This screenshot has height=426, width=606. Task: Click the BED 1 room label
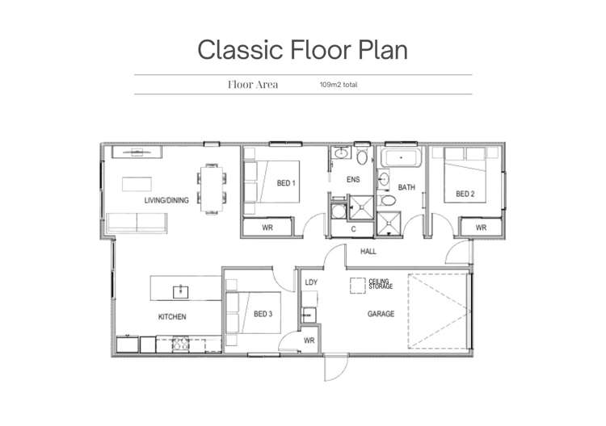(286, 183)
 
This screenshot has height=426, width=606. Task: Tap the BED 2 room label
(465, 194)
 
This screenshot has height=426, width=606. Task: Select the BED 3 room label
(263, 314)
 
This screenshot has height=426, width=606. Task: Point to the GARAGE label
(381, 314)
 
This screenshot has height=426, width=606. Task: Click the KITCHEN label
(172, 317)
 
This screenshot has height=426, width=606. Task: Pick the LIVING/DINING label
(166, 200)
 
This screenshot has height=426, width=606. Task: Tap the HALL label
(368, 252)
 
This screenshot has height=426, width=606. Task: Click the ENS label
(353, 180)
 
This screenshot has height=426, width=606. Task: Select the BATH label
(406, 187)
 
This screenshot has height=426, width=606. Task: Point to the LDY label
(311, 282)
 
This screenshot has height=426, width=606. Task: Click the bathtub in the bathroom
(401, 158)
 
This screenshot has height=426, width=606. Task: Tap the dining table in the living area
(212, 189)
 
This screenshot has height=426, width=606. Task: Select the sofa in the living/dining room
(137, 223)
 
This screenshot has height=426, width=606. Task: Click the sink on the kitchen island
(180, 292)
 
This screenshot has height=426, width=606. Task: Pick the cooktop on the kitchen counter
(180, 344)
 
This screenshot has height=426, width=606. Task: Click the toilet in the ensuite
(362, 157)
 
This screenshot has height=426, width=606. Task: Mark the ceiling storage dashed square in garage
(358, 286)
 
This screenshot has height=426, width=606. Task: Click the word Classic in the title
(241, 50)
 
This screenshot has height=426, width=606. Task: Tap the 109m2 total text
(339, 85)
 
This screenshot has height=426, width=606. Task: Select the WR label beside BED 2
(481, 228)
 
